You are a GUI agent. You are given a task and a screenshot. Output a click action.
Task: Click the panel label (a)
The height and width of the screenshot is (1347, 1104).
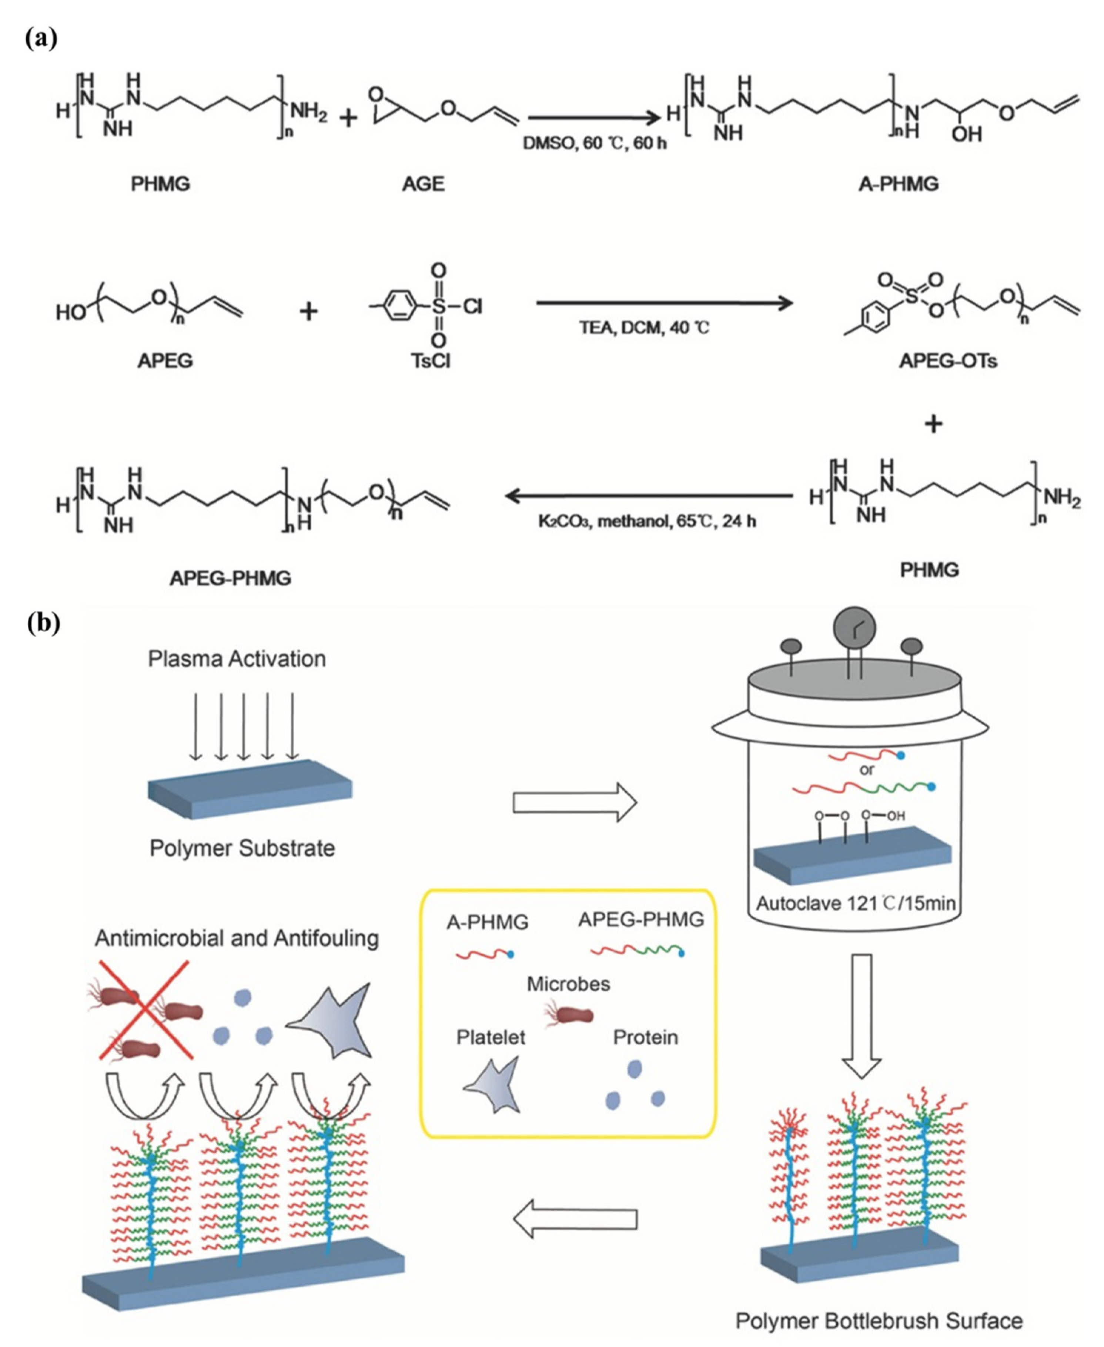42,38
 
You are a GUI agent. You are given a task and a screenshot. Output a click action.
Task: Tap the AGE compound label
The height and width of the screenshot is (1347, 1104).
423,184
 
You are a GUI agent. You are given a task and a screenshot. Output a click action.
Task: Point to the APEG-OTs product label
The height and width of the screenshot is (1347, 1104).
947,362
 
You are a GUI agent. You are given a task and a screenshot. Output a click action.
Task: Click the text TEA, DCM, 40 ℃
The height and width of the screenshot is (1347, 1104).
643,328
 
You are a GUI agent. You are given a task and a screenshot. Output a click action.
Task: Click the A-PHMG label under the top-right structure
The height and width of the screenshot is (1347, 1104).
898,184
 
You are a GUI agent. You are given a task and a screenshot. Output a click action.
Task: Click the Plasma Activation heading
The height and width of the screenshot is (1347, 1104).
237,659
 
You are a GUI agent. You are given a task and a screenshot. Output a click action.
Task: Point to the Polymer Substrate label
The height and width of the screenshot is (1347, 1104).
242,848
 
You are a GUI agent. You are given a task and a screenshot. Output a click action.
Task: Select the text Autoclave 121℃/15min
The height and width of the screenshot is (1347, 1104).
855,904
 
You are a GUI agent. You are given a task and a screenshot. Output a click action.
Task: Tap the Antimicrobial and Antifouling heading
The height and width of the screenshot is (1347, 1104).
237,938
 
